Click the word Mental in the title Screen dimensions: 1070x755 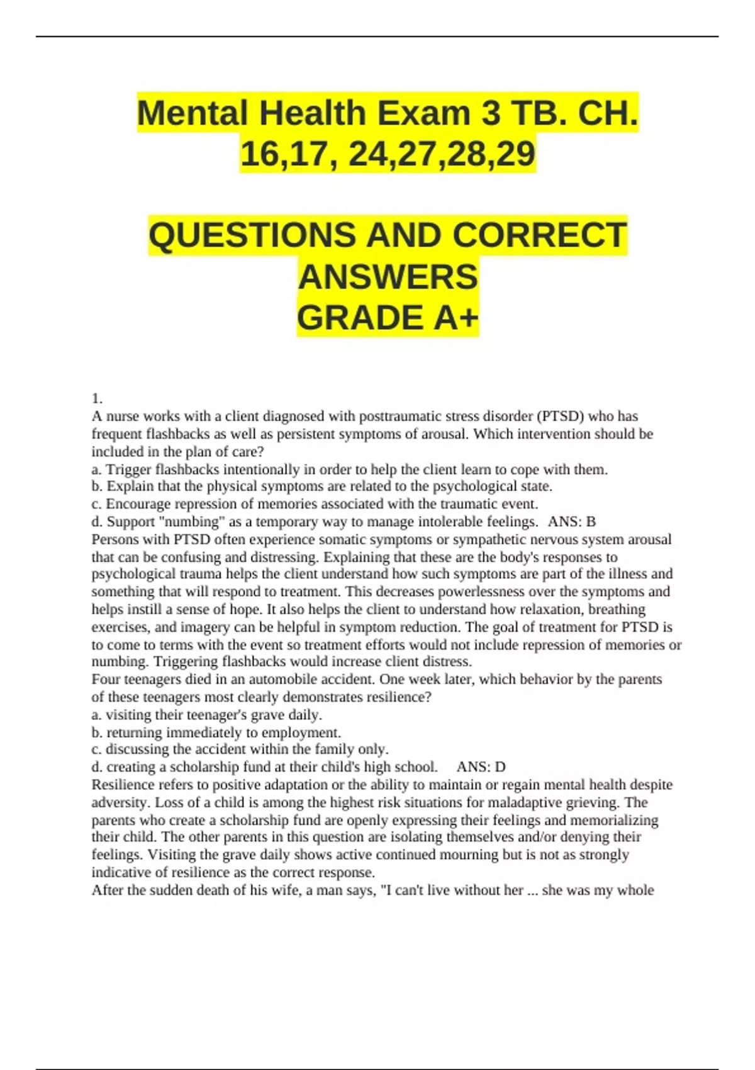pos(193,114)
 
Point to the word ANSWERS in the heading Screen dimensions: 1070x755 pos(388,277)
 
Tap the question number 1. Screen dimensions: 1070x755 pos(97,398)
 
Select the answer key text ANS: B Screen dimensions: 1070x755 pos(571,522)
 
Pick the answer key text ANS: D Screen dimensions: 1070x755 pos(481,767)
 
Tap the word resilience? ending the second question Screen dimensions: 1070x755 pos(398,697)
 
